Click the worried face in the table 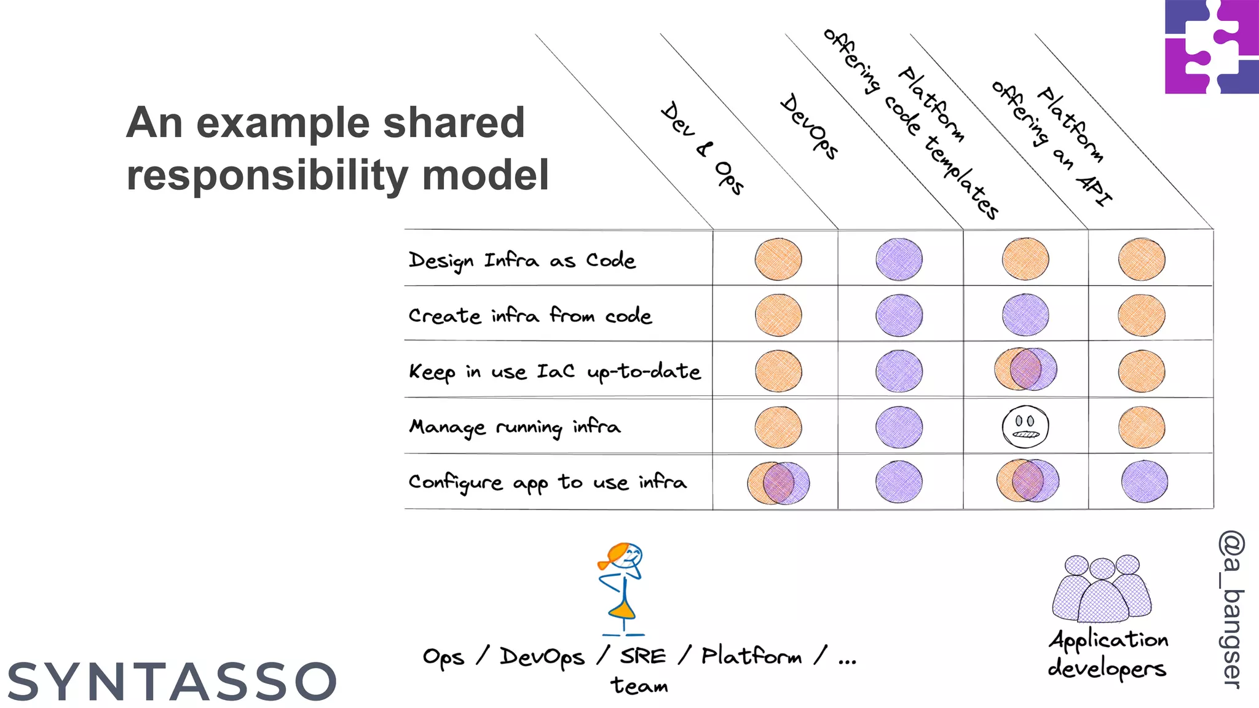click(x=1025, y=427)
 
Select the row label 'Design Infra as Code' click(x=522, y=260)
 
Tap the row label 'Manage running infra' click(x=515, y=427)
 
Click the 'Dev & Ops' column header click(x=703, y=148)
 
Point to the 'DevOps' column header click(x=809, y=126)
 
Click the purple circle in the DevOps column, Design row click(x=899, y=259)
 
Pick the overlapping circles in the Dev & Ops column click(x=778, y=482)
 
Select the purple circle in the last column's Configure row click(x=1144, y=481)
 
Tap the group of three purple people click(x=1102, y=589)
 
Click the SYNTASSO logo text click(x=172, y=682)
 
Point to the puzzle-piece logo click(x=1211, y=47)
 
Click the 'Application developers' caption click(x=1108, y=653)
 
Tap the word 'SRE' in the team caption click(x=642, y=656)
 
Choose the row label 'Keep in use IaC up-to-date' click(x=555, y=371)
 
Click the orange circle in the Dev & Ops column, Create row click(x=778, y=315)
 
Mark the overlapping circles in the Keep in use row click(x=1025, y=369)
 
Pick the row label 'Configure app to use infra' click(x=547, y=482)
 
